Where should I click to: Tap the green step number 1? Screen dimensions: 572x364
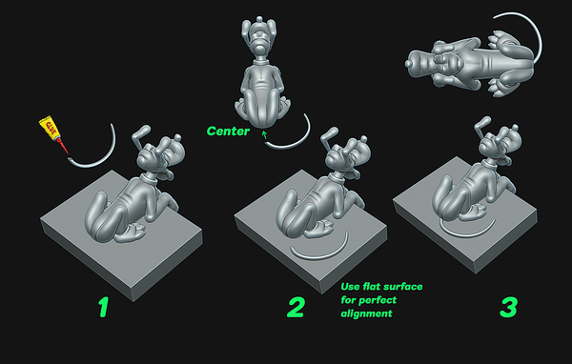coord(104,307)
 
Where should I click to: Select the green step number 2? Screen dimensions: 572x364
coord(296,307)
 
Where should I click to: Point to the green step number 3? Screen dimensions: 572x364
coord(508,307)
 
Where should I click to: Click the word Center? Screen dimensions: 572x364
coord(228,131)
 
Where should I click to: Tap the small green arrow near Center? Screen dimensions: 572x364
coord(264,135)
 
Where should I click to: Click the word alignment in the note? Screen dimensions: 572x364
coord(367,313)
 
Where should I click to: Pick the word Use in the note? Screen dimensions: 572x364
coord(350,287)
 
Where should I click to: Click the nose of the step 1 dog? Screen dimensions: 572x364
coord(177,138)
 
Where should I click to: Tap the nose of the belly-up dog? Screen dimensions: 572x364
coord(409,64)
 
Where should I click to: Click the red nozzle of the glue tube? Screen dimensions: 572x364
coord(63,146)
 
